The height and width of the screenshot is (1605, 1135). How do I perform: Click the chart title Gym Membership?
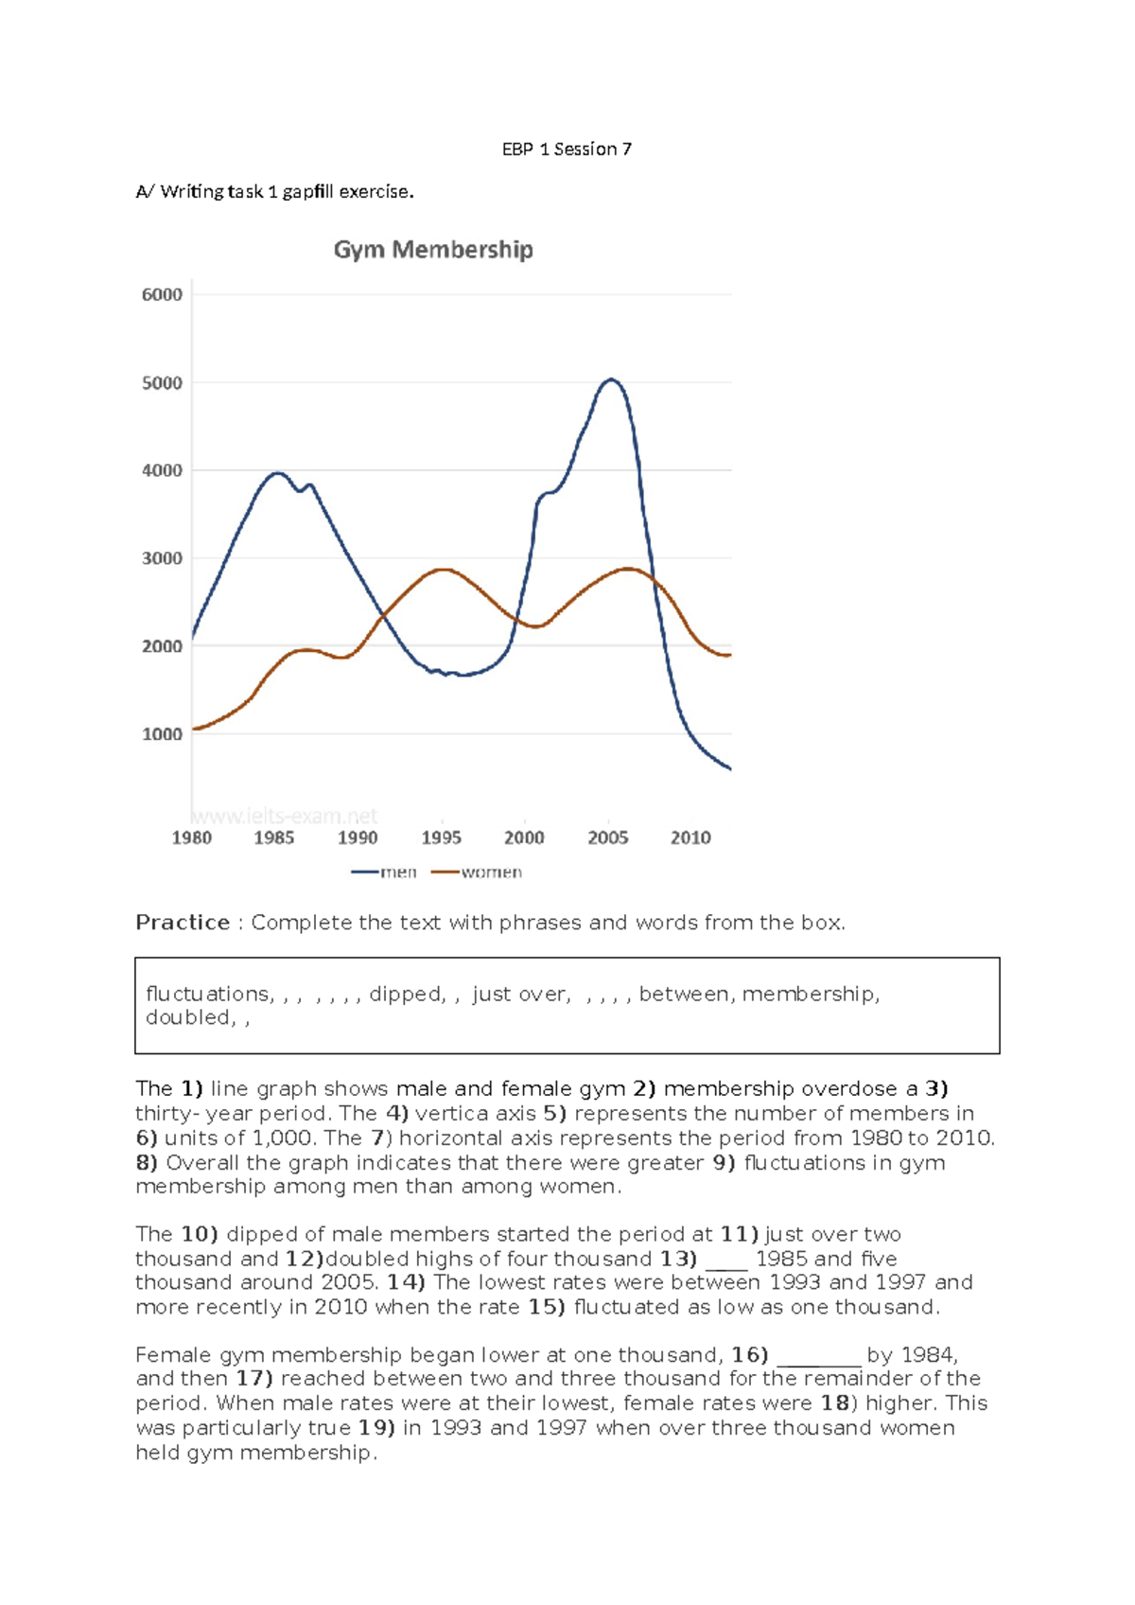pyautogui.click(x=433, y=250)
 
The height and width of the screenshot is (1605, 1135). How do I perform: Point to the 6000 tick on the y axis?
pyautogui.click(x=162, y=294)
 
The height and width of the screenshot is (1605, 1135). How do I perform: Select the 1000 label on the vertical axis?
pyautogui.click(x=162, y=734)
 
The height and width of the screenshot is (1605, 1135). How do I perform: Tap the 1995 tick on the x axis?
pyautogui.click(x=441, y=838)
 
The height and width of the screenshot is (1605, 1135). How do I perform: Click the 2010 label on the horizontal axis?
pyautogui.click(x=690, y=838)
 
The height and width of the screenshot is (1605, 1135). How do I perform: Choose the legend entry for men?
pyautogui.click(x=385, y=872)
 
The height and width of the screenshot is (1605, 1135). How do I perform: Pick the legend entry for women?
pyautogui.click(x=478, y=872)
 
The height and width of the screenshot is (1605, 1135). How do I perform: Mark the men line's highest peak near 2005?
pyautogui.click(x=611, y=380)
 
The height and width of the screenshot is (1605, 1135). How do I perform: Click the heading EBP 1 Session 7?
pyautogui.click(x=567, y=149)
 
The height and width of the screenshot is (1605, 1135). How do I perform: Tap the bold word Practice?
pyautogui.click(x=183, y=923)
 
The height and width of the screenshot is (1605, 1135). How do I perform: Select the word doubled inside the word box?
pyautogui.click(x=187, y=1017)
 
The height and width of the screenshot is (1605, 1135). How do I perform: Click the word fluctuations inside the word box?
pyautogui.click(x=208, y=994)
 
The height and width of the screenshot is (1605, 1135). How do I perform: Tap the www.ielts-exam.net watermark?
pyautogui.click(x=284, y=816)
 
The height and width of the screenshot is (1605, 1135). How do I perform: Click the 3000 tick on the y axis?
pyautogui.click(x=162, y=558)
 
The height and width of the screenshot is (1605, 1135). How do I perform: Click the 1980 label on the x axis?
pyautogui.click(x=191, y=838)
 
